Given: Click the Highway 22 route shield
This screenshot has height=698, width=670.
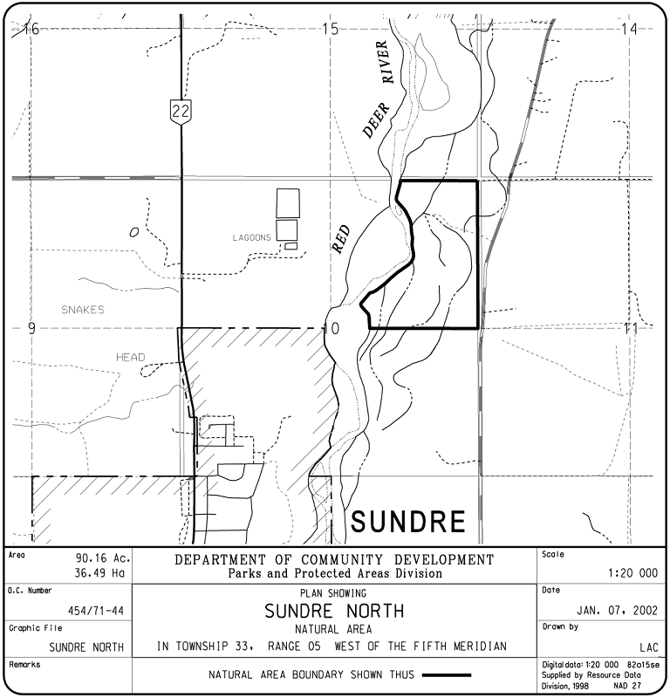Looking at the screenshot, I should click(x=181, y=110).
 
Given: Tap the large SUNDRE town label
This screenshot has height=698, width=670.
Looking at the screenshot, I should click(x=408, y=522).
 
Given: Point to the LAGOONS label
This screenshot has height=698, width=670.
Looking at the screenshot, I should click(x=252, y=237).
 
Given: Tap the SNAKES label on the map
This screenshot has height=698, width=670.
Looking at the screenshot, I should click(x=83, y=310).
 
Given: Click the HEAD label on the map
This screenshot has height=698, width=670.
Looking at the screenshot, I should click(x=131, y=357).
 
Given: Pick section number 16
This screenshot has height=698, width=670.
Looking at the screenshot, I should click(x=31, y=30).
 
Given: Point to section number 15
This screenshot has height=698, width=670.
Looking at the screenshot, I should click(x=330, y=30).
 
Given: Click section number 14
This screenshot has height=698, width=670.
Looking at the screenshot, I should click(x=628, y=30).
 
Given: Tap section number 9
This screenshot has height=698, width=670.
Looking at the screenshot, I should click(x=31, y=329).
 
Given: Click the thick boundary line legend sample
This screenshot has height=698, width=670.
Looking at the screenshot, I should click(x=445, y=674).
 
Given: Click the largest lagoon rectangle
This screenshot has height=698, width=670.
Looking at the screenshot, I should click(x=288, y=202).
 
